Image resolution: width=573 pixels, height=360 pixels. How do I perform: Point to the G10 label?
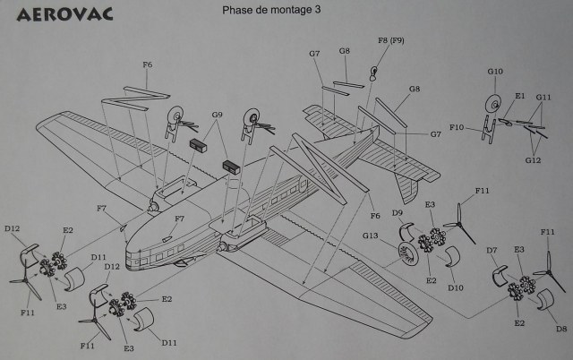(495, 72)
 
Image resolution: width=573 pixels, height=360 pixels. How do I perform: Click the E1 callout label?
(520, 96)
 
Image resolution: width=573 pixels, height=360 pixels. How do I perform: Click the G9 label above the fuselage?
(218, 115)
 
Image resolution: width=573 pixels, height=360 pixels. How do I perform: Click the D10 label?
(454, 288)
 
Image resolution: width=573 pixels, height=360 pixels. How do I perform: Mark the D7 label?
(492, 250)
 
